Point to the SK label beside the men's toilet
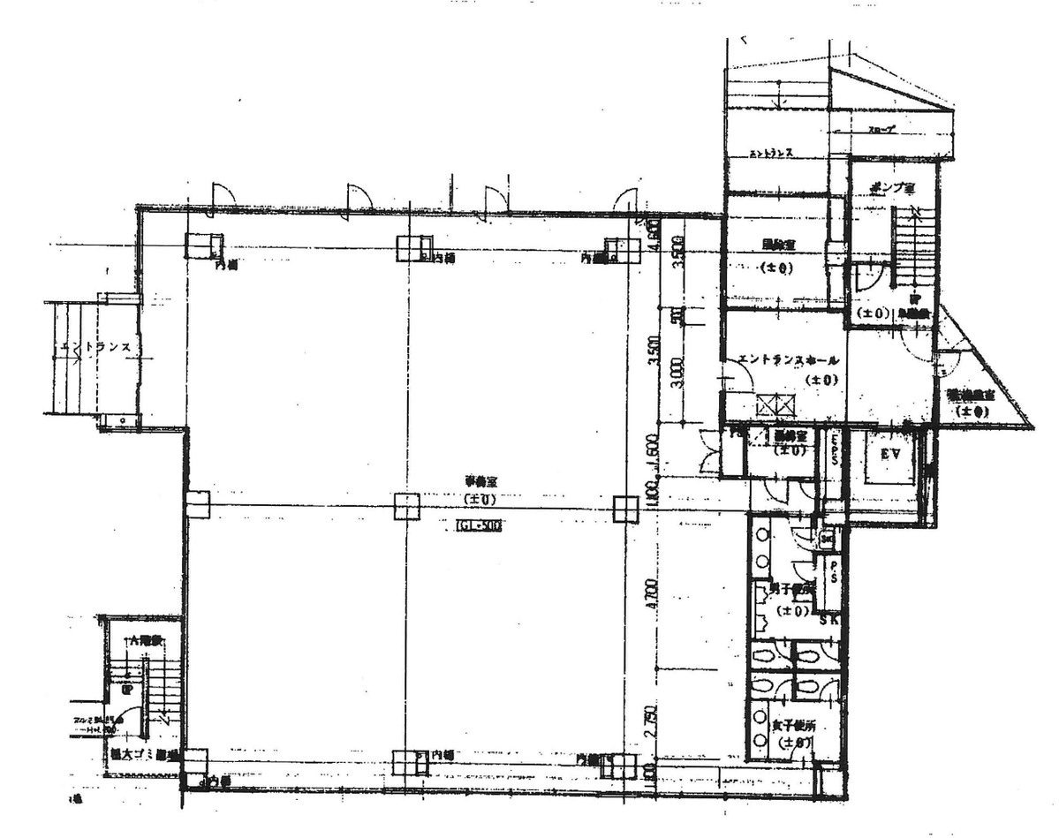click(828, 620)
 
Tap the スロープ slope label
click(881, 130)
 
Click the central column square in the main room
click(406, 505)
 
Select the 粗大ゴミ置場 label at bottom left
click(145, 755)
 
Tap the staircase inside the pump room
click(910, 247)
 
